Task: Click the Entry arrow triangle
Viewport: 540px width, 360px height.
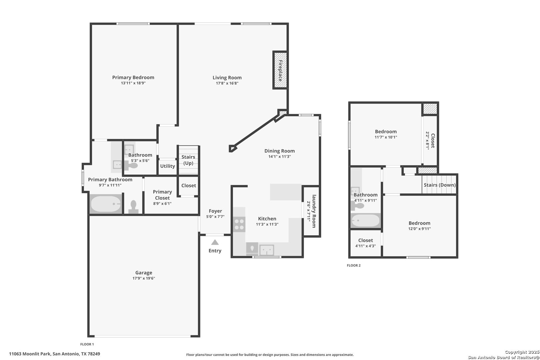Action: pos(215,242)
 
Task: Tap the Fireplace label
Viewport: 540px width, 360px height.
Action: pos(280,71)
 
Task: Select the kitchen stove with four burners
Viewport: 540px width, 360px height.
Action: pos(239,224)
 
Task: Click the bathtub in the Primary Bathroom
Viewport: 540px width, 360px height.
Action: pos(106,204)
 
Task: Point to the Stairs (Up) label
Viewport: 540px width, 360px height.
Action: pos(188,160)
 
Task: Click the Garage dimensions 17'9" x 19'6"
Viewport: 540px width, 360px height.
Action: pos(144,278)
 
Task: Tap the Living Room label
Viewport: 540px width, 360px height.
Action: pos(227,78)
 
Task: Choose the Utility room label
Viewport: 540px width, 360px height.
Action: pos(168,166)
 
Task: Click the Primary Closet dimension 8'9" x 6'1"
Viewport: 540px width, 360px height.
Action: pos(162,204)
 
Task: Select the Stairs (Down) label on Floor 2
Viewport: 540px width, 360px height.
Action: pos(440,185)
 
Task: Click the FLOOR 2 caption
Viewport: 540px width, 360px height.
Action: pos(354,265)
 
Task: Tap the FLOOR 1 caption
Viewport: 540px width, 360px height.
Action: pos(87,344)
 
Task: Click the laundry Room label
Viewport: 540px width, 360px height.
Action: pos(314,211)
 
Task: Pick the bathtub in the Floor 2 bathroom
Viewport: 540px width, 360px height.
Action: pos(365,220)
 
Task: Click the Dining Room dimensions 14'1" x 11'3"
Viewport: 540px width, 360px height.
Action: pos(280,156)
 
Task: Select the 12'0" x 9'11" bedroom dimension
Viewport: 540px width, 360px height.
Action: pos(419,229)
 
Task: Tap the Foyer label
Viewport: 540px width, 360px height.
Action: pos(215,211)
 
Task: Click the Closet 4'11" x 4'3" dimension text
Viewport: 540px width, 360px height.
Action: pos(365,246)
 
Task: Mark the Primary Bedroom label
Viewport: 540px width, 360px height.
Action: pos(133,77)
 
